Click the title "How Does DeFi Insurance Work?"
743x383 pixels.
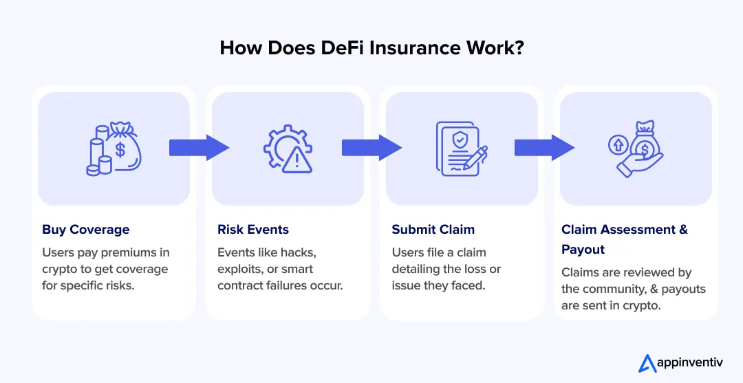coord(371,47)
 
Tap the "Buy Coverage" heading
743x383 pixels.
coord(85,230)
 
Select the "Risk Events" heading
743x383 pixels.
coord(253,230)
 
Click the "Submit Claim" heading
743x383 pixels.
coord(433,230)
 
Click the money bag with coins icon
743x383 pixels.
coord(114,148)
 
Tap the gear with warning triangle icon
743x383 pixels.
coord(288,149)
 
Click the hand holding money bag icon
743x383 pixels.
coord(636,148)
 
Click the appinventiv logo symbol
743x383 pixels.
coord(647,363)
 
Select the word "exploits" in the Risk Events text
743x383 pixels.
coord(241,268)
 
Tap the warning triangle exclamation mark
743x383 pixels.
coord(297,160)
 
